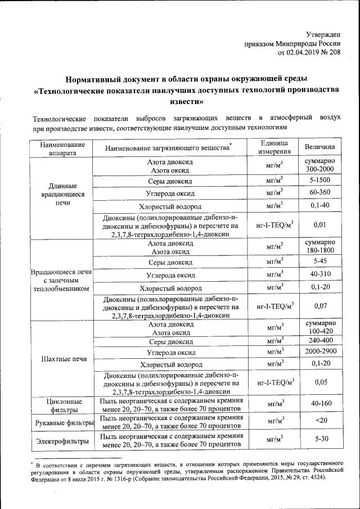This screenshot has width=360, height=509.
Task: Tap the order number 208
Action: (x=334, y=53)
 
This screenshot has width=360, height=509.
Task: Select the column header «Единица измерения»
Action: (x=274, y=147)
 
